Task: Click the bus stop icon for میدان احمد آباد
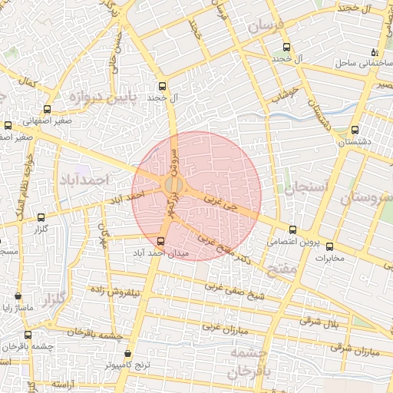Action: tap(160, 240)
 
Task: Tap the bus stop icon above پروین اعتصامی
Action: tap(292, 229)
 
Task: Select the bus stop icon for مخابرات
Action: tap(330, 246)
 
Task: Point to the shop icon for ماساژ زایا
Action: tap(18, 296)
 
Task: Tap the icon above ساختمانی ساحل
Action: tap(374, 52)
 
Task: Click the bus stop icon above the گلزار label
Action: tap(41, 217)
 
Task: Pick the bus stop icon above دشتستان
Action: tap(354, 130)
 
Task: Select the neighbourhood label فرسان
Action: tap(269, 28)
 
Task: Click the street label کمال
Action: tap(28, 81)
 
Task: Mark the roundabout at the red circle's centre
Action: tap(173, 186)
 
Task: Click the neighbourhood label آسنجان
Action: tap(306, 186)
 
